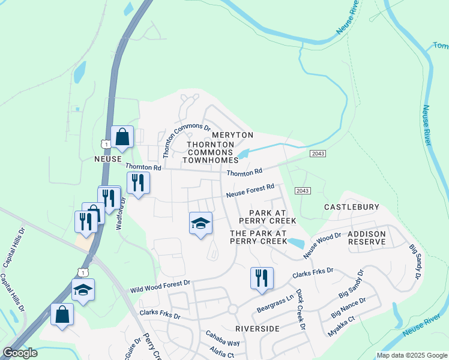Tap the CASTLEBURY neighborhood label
coord(352,207)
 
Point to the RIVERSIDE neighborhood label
coord(258,329)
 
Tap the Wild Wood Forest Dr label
coord(160,285)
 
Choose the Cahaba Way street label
coord(223,338)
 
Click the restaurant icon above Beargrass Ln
coord(262,278)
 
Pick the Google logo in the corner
coord(20,353)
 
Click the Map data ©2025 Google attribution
coord(411,355)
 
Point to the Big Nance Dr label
coord(348,307)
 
